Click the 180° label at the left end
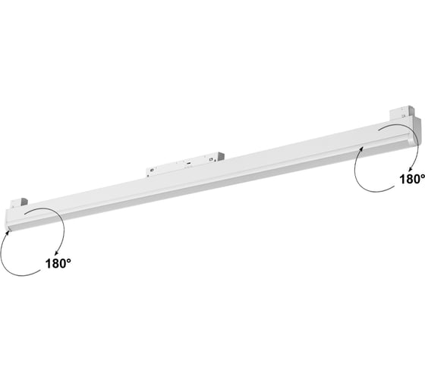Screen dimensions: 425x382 (x=58, y=264)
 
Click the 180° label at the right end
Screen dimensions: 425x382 (x=412, y=179)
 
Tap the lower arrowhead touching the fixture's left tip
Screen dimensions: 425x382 (x=9, y=233)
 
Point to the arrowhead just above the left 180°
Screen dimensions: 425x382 (x=56, y=253)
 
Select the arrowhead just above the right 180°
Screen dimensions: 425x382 (x=410, y=168)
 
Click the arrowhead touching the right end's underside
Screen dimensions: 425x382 (x=361, y=149)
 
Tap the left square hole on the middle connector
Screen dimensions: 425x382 (x=152, y=170)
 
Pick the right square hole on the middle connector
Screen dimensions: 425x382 (x=211, y=159)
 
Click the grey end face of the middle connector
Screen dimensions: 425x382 (x=221, y=157)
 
